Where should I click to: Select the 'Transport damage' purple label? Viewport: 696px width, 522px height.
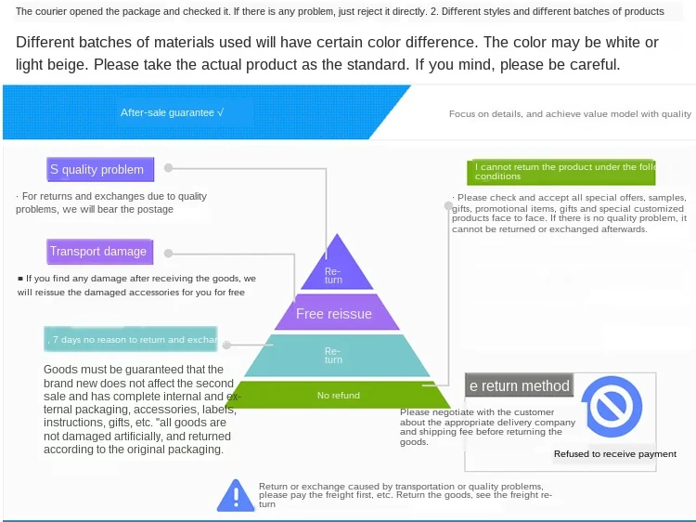98,252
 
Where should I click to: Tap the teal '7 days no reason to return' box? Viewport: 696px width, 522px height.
131,340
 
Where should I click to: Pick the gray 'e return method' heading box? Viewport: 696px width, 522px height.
519,386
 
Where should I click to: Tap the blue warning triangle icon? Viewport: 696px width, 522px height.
236,496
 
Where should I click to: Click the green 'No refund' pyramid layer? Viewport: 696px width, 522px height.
338,396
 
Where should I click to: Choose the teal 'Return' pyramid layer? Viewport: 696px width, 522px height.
333,355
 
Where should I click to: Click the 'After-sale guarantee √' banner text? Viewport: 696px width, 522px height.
173,112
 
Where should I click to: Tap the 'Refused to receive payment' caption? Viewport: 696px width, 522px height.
615,454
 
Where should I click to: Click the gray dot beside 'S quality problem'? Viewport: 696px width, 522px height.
169,168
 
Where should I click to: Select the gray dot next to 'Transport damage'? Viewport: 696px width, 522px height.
170,252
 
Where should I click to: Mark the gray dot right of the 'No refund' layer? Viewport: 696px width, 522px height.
427,385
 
